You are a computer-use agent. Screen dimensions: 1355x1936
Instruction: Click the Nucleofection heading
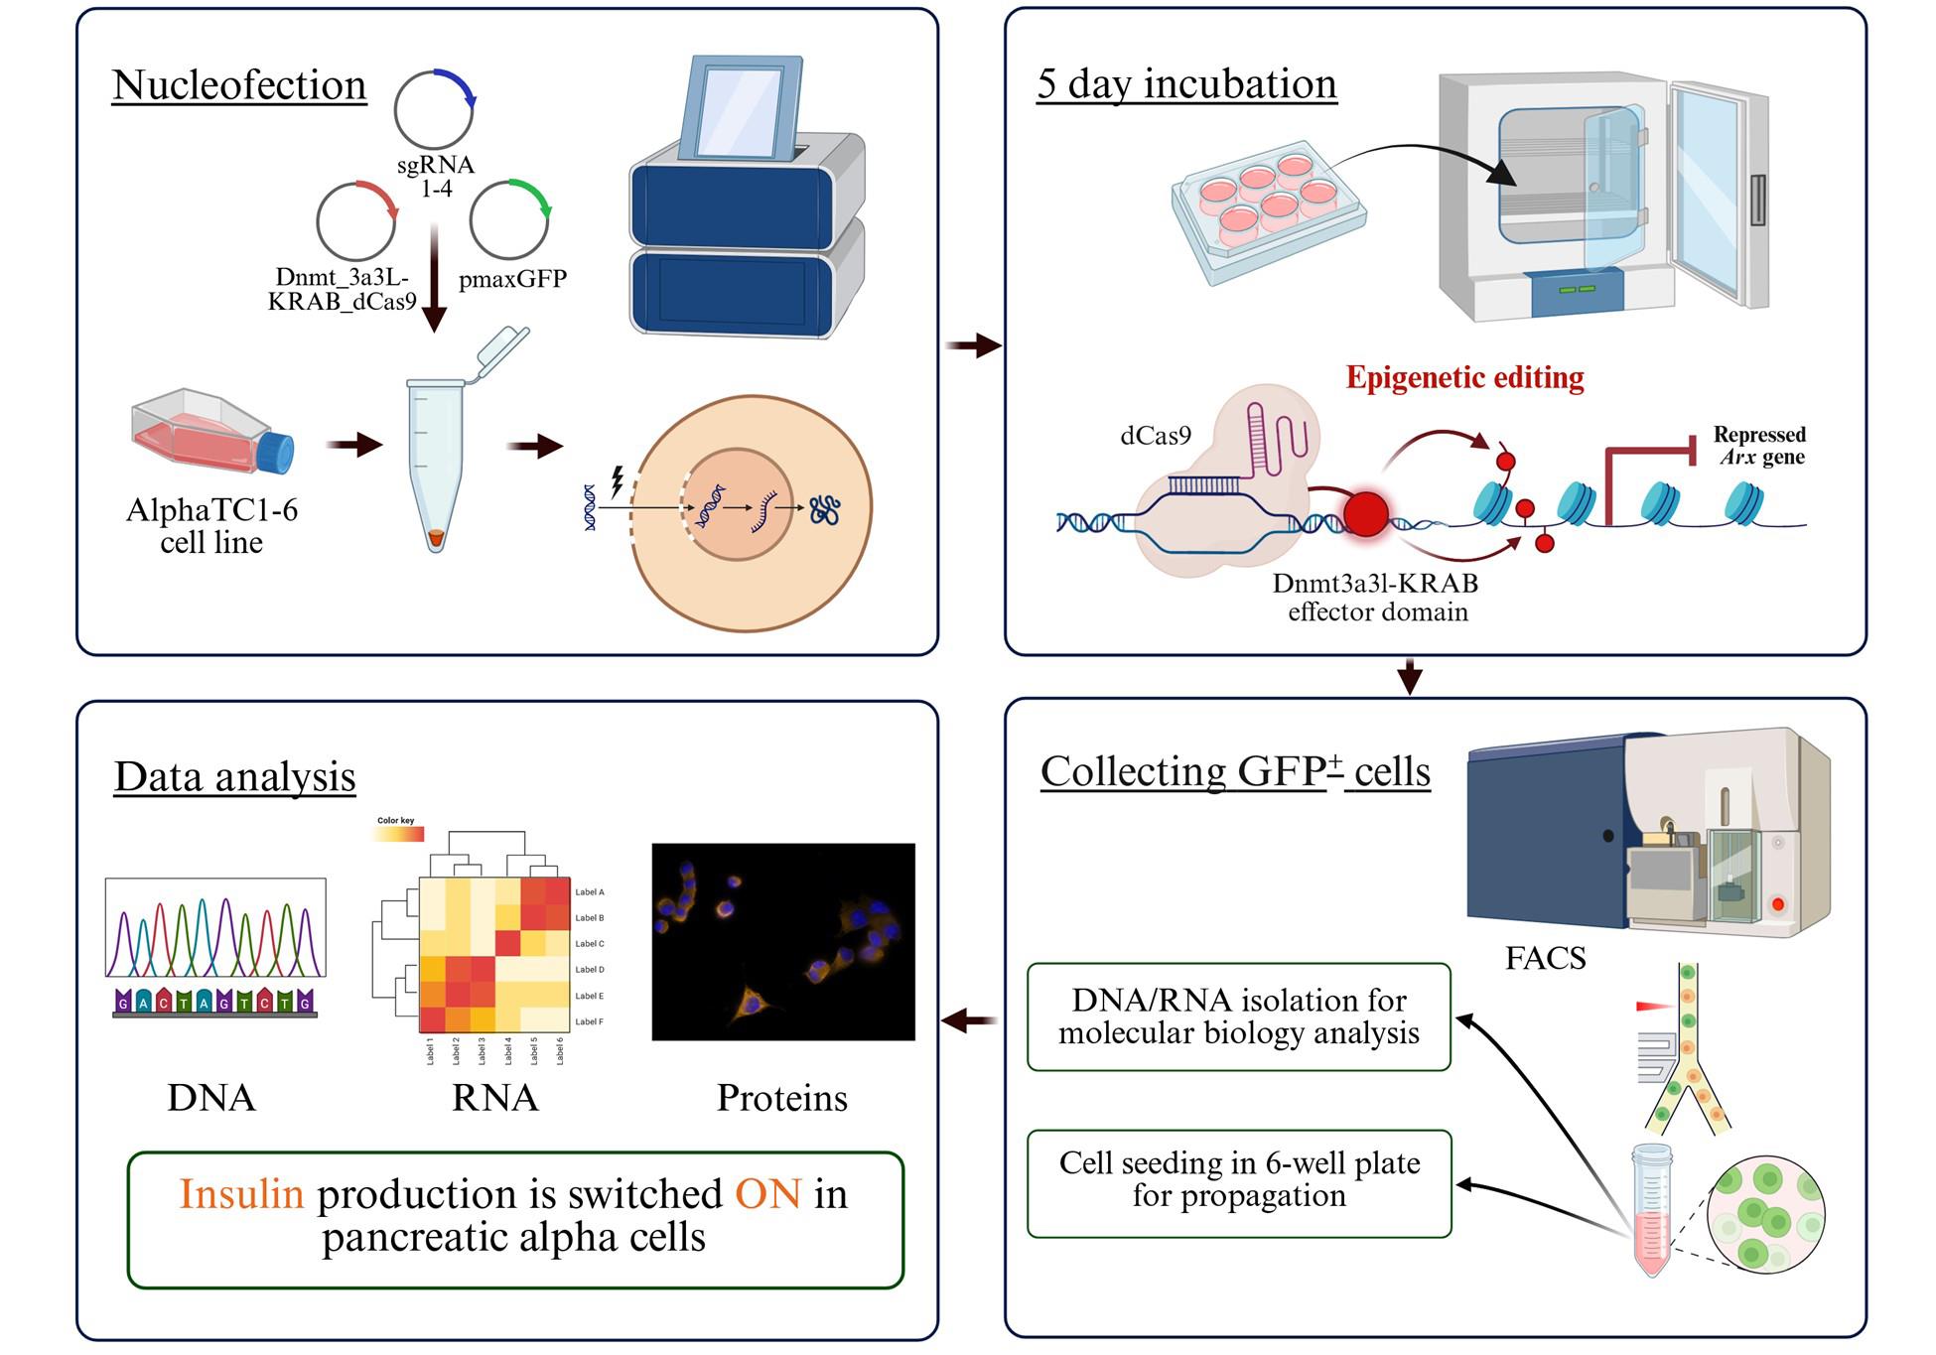tap(239, 85)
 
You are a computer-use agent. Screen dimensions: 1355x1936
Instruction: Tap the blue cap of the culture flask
tap(278, 453)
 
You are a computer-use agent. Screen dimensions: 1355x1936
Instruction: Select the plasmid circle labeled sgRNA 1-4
tap(434, 109)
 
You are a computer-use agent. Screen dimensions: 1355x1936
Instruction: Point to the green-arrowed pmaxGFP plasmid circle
tap(509, 219)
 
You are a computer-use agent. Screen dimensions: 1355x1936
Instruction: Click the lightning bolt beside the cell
tap(618, 481)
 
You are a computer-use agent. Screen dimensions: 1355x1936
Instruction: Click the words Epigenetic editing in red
tap(1464, 378)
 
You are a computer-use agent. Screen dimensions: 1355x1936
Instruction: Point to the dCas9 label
tap(1155, 436)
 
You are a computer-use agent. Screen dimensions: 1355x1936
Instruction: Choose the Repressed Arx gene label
tap(1759, 447)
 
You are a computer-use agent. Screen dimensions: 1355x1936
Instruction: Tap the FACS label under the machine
tap(1545, 959)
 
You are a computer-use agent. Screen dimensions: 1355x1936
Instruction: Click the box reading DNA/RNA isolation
tap(1238, 1016)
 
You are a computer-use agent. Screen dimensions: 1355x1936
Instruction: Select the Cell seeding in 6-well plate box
tap(1239, 1181)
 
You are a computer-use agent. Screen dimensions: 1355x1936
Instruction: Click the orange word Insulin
tap(241, 1194)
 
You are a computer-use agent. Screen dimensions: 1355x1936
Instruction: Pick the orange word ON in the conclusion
tap(767, 1194)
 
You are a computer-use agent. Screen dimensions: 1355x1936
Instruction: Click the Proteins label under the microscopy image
tap(782, 1099)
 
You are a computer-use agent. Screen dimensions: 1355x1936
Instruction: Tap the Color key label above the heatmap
tap(395, 821)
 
